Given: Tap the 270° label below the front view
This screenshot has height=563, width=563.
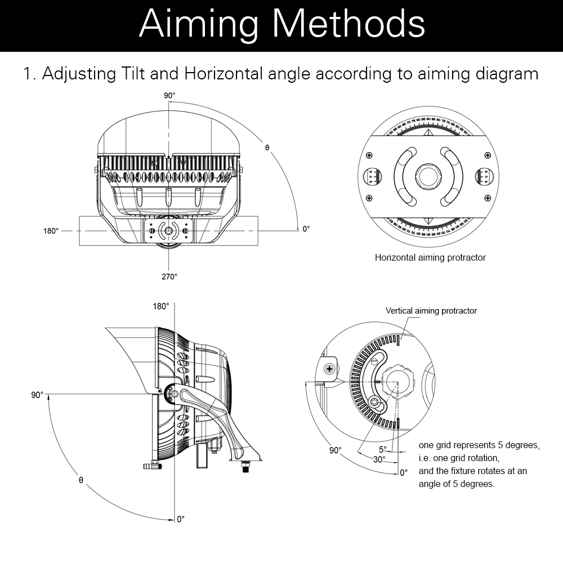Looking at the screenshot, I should point(169,276).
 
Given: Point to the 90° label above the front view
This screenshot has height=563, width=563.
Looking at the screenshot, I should point(169,96).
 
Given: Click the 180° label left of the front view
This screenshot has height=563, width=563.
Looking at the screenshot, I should point(51,230).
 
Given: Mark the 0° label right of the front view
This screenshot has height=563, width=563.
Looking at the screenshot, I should point(306,229).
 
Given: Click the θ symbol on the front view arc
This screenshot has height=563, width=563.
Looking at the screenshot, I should point(267,148).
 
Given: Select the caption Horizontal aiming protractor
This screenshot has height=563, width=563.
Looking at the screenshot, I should point(430,257).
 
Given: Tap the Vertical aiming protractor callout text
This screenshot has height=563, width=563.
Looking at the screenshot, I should point(431,311).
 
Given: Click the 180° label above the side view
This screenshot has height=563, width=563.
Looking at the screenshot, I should point(160,306).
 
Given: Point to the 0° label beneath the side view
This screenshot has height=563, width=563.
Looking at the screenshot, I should point(180,520).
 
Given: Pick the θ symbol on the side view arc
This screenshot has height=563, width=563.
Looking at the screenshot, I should point(81,480).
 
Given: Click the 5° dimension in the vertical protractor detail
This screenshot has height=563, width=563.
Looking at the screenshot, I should point(383,449).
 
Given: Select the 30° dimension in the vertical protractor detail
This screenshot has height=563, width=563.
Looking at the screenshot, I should point(379,459).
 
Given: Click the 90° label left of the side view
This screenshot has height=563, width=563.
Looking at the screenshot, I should point(37,395).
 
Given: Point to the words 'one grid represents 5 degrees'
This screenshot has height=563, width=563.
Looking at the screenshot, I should point(479,445).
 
